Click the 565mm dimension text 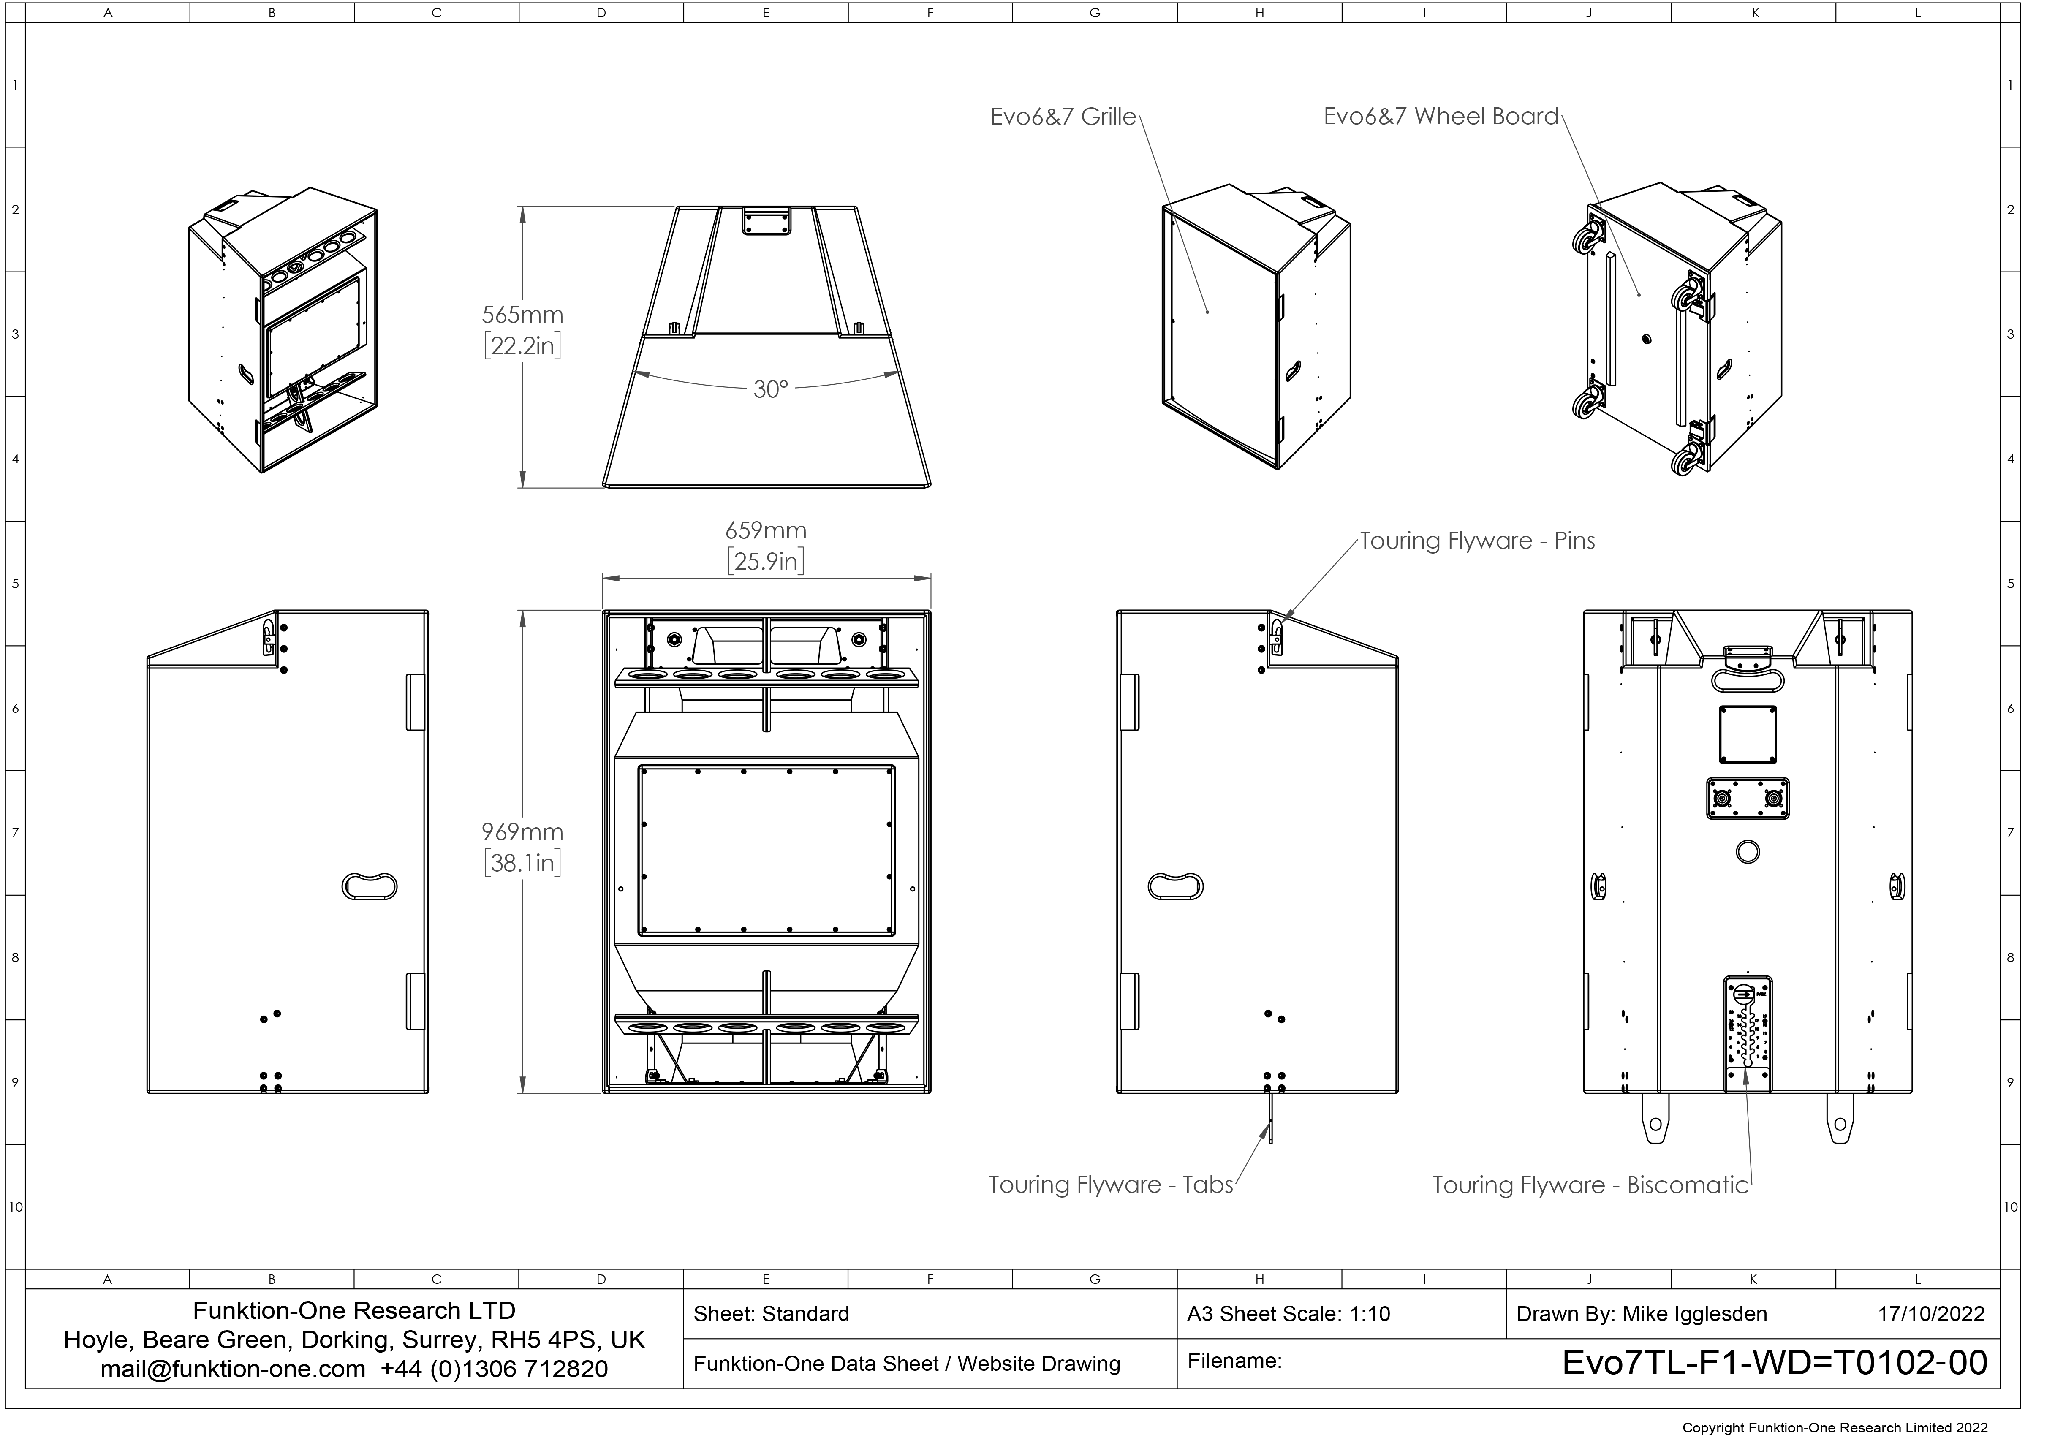(523, 315)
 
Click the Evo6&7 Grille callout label (1063, 117)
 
